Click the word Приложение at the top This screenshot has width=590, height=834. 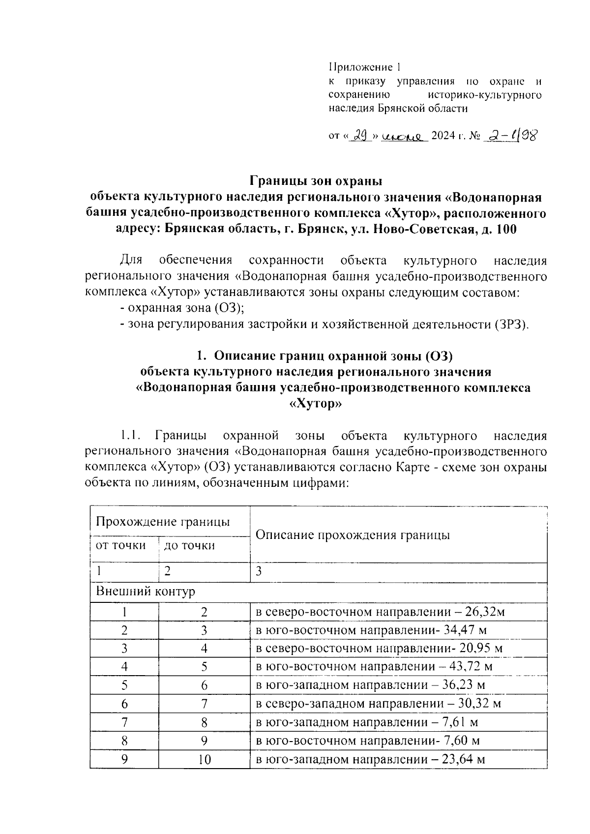coord(361,67)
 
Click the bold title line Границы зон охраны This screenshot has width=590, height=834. coord(316,181)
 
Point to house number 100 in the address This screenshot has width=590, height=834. coord(507,229)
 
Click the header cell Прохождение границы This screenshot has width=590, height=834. coord(163,521)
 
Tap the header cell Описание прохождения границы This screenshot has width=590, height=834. coord(353,535)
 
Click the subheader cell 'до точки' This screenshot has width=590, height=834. coord(189,545)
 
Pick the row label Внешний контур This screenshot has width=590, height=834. coord(146,592)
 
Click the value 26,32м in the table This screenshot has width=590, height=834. coord(484,612)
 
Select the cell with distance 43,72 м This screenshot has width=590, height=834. coord(472,667)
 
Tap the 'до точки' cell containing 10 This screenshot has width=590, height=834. coord(205,759)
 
